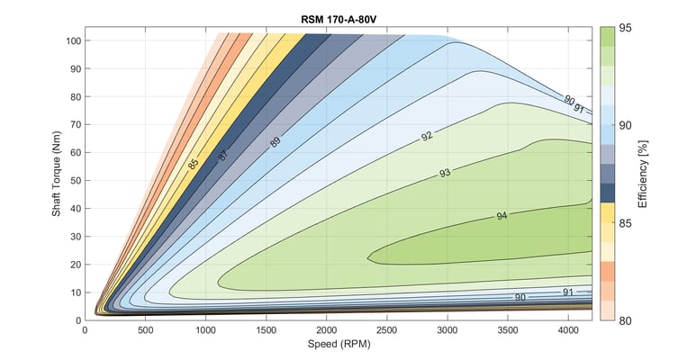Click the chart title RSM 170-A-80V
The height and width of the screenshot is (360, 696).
(x=339, y=17)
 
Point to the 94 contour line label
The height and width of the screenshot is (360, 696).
(x=502, y=216)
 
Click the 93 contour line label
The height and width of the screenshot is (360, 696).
(x=445, y=172)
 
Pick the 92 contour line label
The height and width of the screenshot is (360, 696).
(x=427, y=137)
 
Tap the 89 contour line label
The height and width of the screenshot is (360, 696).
(x=276, y=141)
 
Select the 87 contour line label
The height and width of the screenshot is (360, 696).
(x=222, y=154)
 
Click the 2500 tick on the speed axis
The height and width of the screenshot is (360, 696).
(x=387, y=331)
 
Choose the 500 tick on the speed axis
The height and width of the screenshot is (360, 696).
(x=145, y=331)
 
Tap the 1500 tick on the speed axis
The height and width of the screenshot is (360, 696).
(x=267, y=331)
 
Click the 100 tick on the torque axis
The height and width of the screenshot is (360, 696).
(x=72, y=40)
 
